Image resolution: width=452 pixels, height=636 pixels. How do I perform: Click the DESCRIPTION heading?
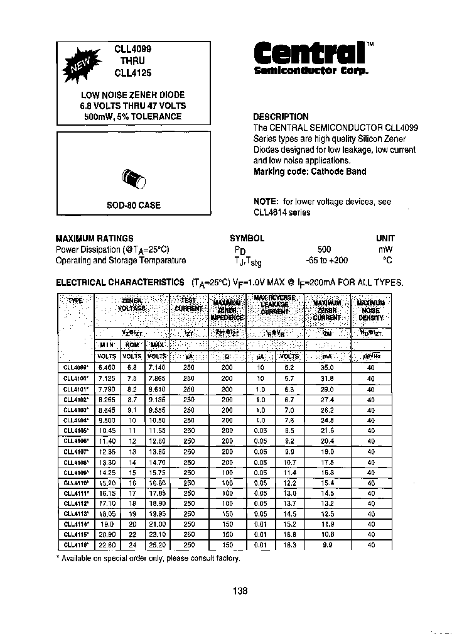[x=281, y=117]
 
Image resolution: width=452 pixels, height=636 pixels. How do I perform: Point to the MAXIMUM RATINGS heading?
[x=94, y=238]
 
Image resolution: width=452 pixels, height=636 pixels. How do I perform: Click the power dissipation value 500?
[x=324, y=249]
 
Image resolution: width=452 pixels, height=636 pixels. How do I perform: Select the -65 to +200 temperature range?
[x=326, y=260]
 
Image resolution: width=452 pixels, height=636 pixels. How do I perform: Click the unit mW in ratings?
[x=385, y=249]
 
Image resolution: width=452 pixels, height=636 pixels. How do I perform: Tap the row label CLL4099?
[x=75, y=368]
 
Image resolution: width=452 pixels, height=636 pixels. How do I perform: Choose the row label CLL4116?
[x=75, y=546]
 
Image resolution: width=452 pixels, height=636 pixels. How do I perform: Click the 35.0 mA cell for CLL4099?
[x=326, y=368]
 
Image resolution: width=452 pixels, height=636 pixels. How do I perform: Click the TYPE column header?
[x=75, y=300]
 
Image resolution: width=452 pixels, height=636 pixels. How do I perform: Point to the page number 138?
[x=240, y=591]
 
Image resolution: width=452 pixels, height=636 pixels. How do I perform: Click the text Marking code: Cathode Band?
[x=309, y=172]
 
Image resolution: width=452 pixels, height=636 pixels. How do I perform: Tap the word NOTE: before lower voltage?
[x=266, y=202]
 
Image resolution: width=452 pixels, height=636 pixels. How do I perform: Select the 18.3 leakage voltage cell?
[x=289, y=546]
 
